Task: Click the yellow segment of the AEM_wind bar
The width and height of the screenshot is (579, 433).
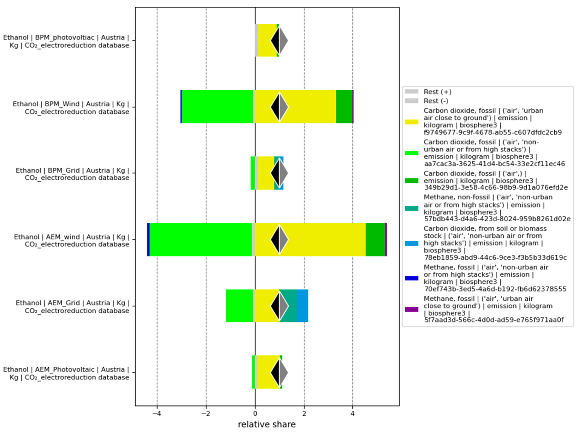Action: [310, 239]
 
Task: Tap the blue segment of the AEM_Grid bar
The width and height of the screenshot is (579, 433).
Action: [302, 306]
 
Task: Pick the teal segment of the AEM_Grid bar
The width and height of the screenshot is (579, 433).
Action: [288, 306]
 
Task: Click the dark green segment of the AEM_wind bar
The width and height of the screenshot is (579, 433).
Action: [375, 239]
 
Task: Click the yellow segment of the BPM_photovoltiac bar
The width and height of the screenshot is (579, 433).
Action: [267, 40]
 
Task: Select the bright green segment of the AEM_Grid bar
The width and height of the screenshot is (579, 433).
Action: [239, 306]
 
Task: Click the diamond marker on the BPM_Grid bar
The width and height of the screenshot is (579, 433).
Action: [279, 173]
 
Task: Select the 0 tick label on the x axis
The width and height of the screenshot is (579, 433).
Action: [255, 414]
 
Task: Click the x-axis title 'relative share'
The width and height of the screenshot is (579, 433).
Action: [267, 424]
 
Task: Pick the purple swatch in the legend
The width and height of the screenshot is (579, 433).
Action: [412, 310]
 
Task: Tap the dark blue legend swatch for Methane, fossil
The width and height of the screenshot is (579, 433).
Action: [412, 278]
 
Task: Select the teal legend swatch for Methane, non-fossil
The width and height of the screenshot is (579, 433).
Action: [412, 208]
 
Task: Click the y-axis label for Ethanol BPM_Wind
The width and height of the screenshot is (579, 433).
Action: [71, 108]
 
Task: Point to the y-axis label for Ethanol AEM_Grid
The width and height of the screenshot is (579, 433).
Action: [73, 307]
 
